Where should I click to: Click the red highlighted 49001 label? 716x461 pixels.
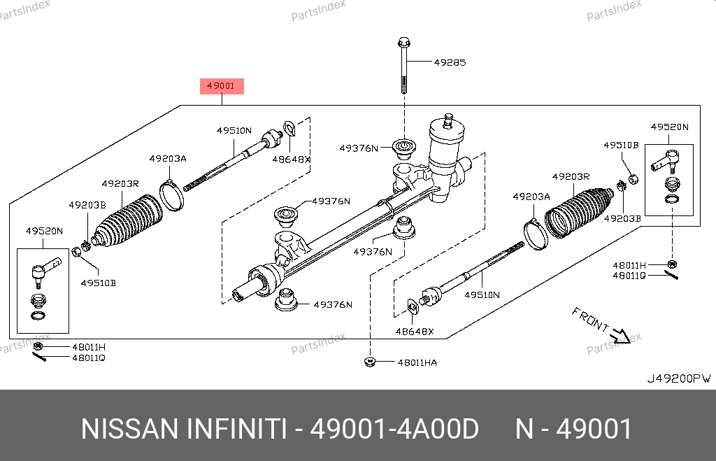[x=223, y=86]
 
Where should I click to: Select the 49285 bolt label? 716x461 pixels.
[x=450, y=62]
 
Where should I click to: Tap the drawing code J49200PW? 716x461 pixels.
[x=678, y=378]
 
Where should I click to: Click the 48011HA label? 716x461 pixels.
[x=417, y=362]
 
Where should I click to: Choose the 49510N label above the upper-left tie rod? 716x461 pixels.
[x=234, y=131]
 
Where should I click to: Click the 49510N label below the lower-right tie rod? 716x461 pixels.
[x=482, y=295]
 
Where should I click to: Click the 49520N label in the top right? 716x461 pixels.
[x=669, y=127]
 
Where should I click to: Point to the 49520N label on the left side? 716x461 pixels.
[x=44, y=231]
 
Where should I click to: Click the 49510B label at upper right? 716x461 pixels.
[x=621, y=145]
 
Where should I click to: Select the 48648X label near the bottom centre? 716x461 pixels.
[x=413, y=332]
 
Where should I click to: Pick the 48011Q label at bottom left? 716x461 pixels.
[x=88, y=357]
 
